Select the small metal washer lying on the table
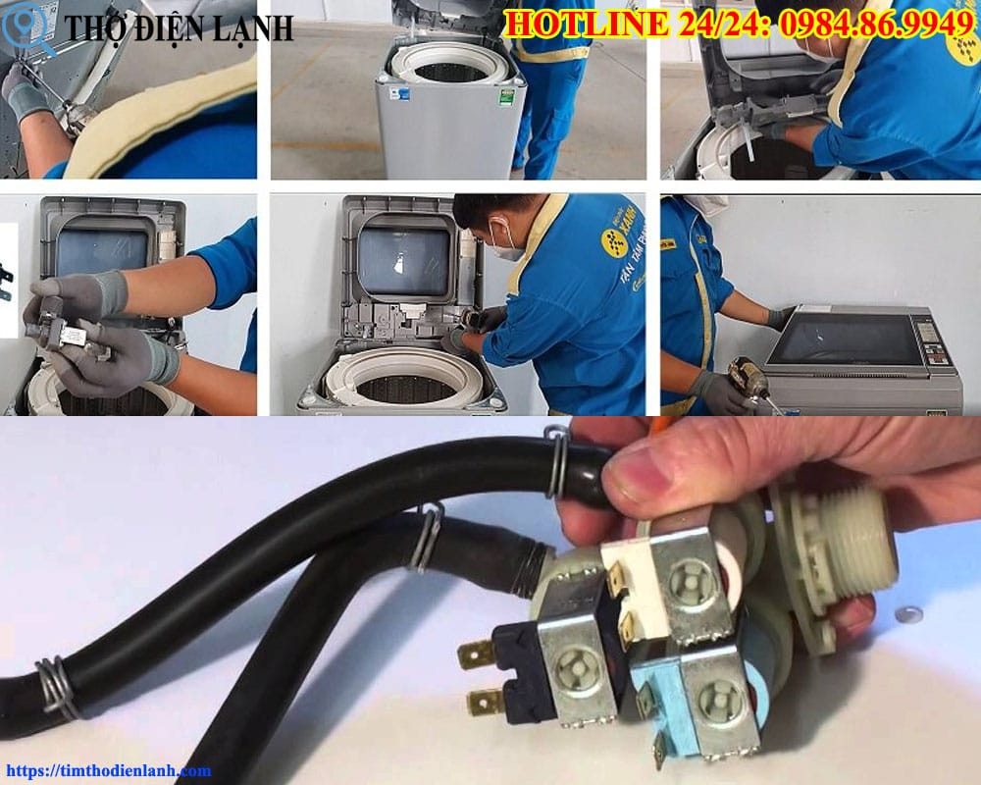[909, 614]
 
